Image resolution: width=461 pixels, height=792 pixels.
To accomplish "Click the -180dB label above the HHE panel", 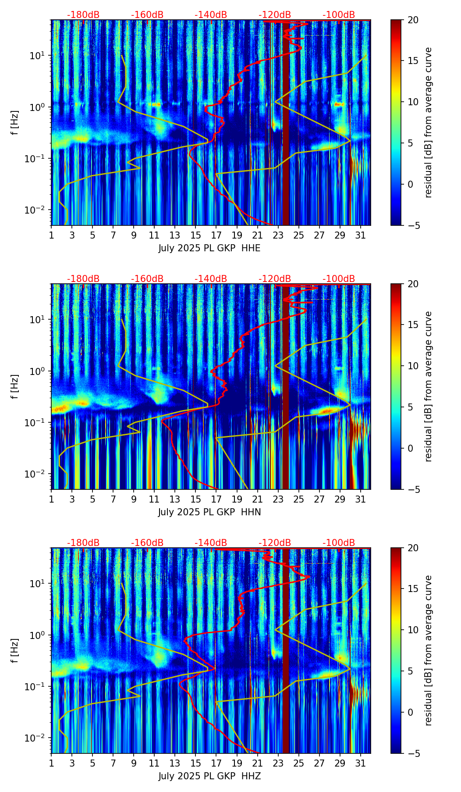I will click(83, 15).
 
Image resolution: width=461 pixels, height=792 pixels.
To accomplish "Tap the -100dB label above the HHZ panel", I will click(339, 543).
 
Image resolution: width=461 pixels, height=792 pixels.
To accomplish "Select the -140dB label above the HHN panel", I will click(211, 279).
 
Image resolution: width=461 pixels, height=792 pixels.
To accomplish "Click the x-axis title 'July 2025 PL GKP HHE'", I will click(209, 248).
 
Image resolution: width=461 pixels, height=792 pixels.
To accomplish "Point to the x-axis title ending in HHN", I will click(209, 512).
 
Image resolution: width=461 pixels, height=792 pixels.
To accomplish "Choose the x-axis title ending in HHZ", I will click(209, 776).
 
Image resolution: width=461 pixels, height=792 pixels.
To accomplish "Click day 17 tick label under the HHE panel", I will click(216, 235).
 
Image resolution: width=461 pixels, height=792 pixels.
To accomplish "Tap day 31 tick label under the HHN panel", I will click(361, 499).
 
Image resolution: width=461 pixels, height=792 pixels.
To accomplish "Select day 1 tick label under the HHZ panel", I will click(52, 763).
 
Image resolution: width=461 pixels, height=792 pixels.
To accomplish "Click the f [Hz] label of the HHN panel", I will click(15, 386).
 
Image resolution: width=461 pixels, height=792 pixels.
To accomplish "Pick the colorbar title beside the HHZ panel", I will click(429, 650).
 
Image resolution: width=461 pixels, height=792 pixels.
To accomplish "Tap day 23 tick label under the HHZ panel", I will click(278, 763).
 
